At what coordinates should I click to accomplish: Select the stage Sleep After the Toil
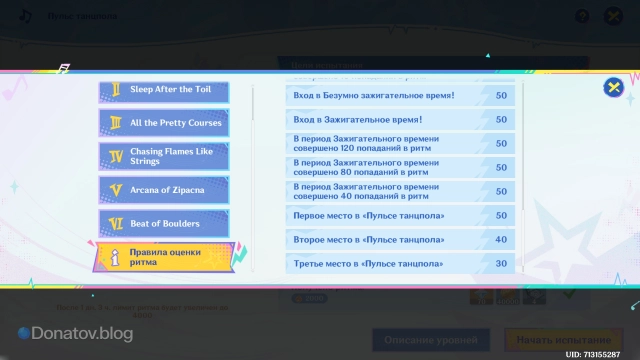(165, 91)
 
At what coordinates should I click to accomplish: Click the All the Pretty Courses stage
(165, 123)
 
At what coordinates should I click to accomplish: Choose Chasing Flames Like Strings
(165, 155)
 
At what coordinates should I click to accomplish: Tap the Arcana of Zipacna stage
(165, 188)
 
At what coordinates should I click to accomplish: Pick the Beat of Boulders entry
(165, 223)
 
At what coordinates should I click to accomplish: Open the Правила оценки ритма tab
(165, 257)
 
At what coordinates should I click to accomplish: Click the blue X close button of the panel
(613, 88)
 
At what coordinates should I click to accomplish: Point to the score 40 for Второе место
(501, 240)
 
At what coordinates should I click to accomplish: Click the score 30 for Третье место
(501, 264)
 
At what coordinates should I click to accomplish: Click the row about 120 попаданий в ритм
(380, 143)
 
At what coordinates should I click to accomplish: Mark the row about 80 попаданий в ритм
(380, 167)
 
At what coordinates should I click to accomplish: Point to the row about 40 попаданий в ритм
(380, 191)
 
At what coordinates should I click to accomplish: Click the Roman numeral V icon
(116, 188)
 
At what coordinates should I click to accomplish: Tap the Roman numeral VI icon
(116, 223)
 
